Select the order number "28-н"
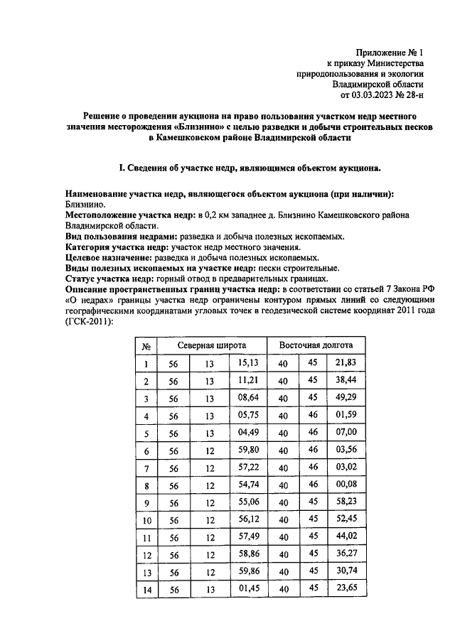pyautogui.click(x=414, y=93)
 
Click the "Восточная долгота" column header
pyautogui.click(x=316, y=345)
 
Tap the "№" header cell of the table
pyautogui.click(x=146, y=346)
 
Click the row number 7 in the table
pyautogui.click(x=146, y=469)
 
